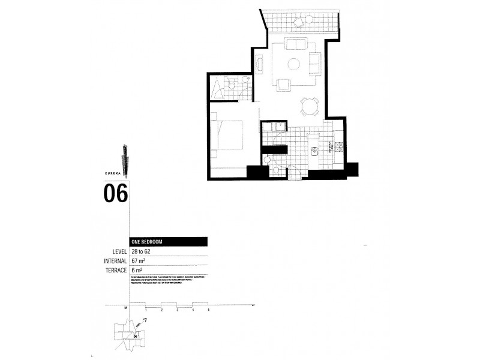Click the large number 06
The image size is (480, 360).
point(116,194)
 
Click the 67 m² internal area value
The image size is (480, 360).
point(140,261)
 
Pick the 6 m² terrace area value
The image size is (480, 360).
point(138,271)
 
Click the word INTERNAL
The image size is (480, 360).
point(115,261)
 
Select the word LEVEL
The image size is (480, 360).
point(118,251)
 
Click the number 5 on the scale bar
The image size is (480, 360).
point(208,310)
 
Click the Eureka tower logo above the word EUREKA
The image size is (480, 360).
point(124,157)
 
